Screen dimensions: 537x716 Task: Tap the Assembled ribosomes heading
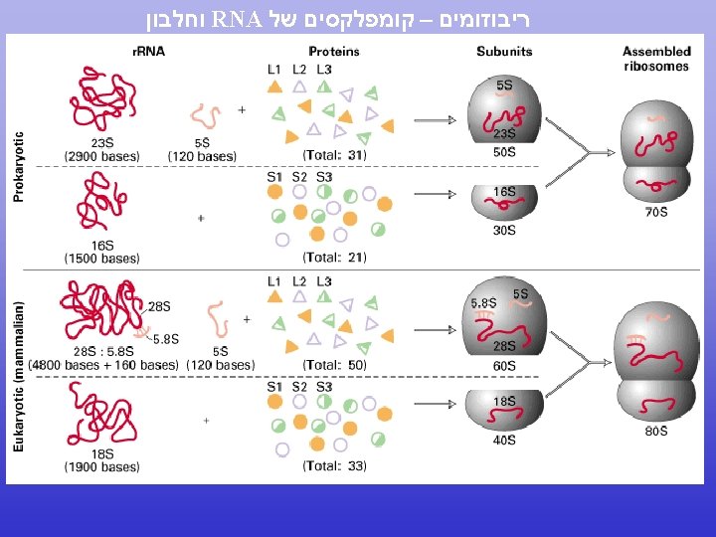coord(656,59)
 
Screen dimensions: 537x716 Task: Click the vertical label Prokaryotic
coord(19,167)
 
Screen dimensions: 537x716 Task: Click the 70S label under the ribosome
coord(656,213)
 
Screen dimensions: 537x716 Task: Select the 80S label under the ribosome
coord(656,432)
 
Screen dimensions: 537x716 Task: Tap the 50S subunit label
coord(504,152)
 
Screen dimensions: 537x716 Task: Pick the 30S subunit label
coord(504,230)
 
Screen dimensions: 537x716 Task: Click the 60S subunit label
coord(504,366)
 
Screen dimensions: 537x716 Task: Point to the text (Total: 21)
coord(335,258)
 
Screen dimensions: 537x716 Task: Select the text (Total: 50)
coord(335,365)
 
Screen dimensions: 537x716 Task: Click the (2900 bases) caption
coord(101,156)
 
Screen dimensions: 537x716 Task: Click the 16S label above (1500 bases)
coord(101,245)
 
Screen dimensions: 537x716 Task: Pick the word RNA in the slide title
coord(239,18)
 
